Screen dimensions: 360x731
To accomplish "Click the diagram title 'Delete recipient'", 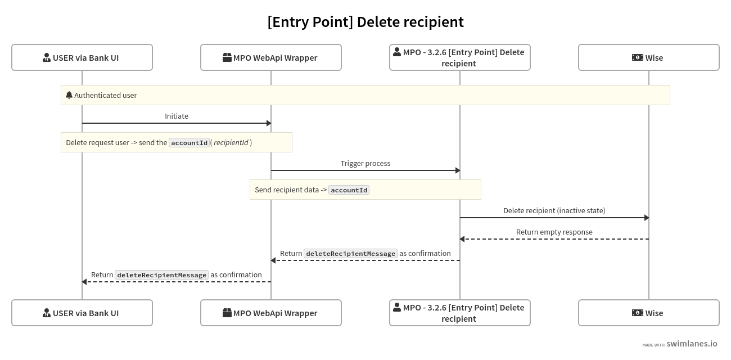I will pos(365,22).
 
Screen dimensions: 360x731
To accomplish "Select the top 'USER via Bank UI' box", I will pos(82,57).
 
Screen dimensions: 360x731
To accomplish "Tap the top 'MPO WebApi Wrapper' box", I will pos(271,57).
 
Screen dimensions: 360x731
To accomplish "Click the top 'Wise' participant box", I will pos(649,57).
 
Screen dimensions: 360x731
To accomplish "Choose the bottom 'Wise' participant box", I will pos(649,313).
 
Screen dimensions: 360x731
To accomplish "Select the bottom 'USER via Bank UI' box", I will pos(82,313).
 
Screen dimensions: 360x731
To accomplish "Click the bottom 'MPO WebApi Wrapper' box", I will pos(271,313).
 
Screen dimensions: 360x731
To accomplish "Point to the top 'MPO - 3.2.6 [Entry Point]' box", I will pos(460,57).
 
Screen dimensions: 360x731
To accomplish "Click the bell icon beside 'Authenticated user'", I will pos(69,95).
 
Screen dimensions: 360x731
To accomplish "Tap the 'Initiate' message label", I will pos(177,116).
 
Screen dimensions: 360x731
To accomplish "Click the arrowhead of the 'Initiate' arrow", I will pos(269,123).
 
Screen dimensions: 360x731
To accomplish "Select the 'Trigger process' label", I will pos(365,163).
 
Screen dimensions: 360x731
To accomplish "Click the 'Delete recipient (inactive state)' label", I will pos(554,210).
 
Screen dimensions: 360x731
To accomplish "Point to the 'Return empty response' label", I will pos(554,232).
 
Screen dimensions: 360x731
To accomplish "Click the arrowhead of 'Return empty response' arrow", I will pos(462,239).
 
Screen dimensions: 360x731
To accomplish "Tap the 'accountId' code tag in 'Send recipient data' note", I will pos(349,190).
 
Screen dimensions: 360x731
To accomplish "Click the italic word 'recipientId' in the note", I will pos(231,142).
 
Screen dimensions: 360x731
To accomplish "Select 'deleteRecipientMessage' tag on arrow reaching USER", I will pos(162,275).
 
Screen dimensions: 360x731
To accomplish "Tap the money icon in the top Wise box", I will pos(637,57).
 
